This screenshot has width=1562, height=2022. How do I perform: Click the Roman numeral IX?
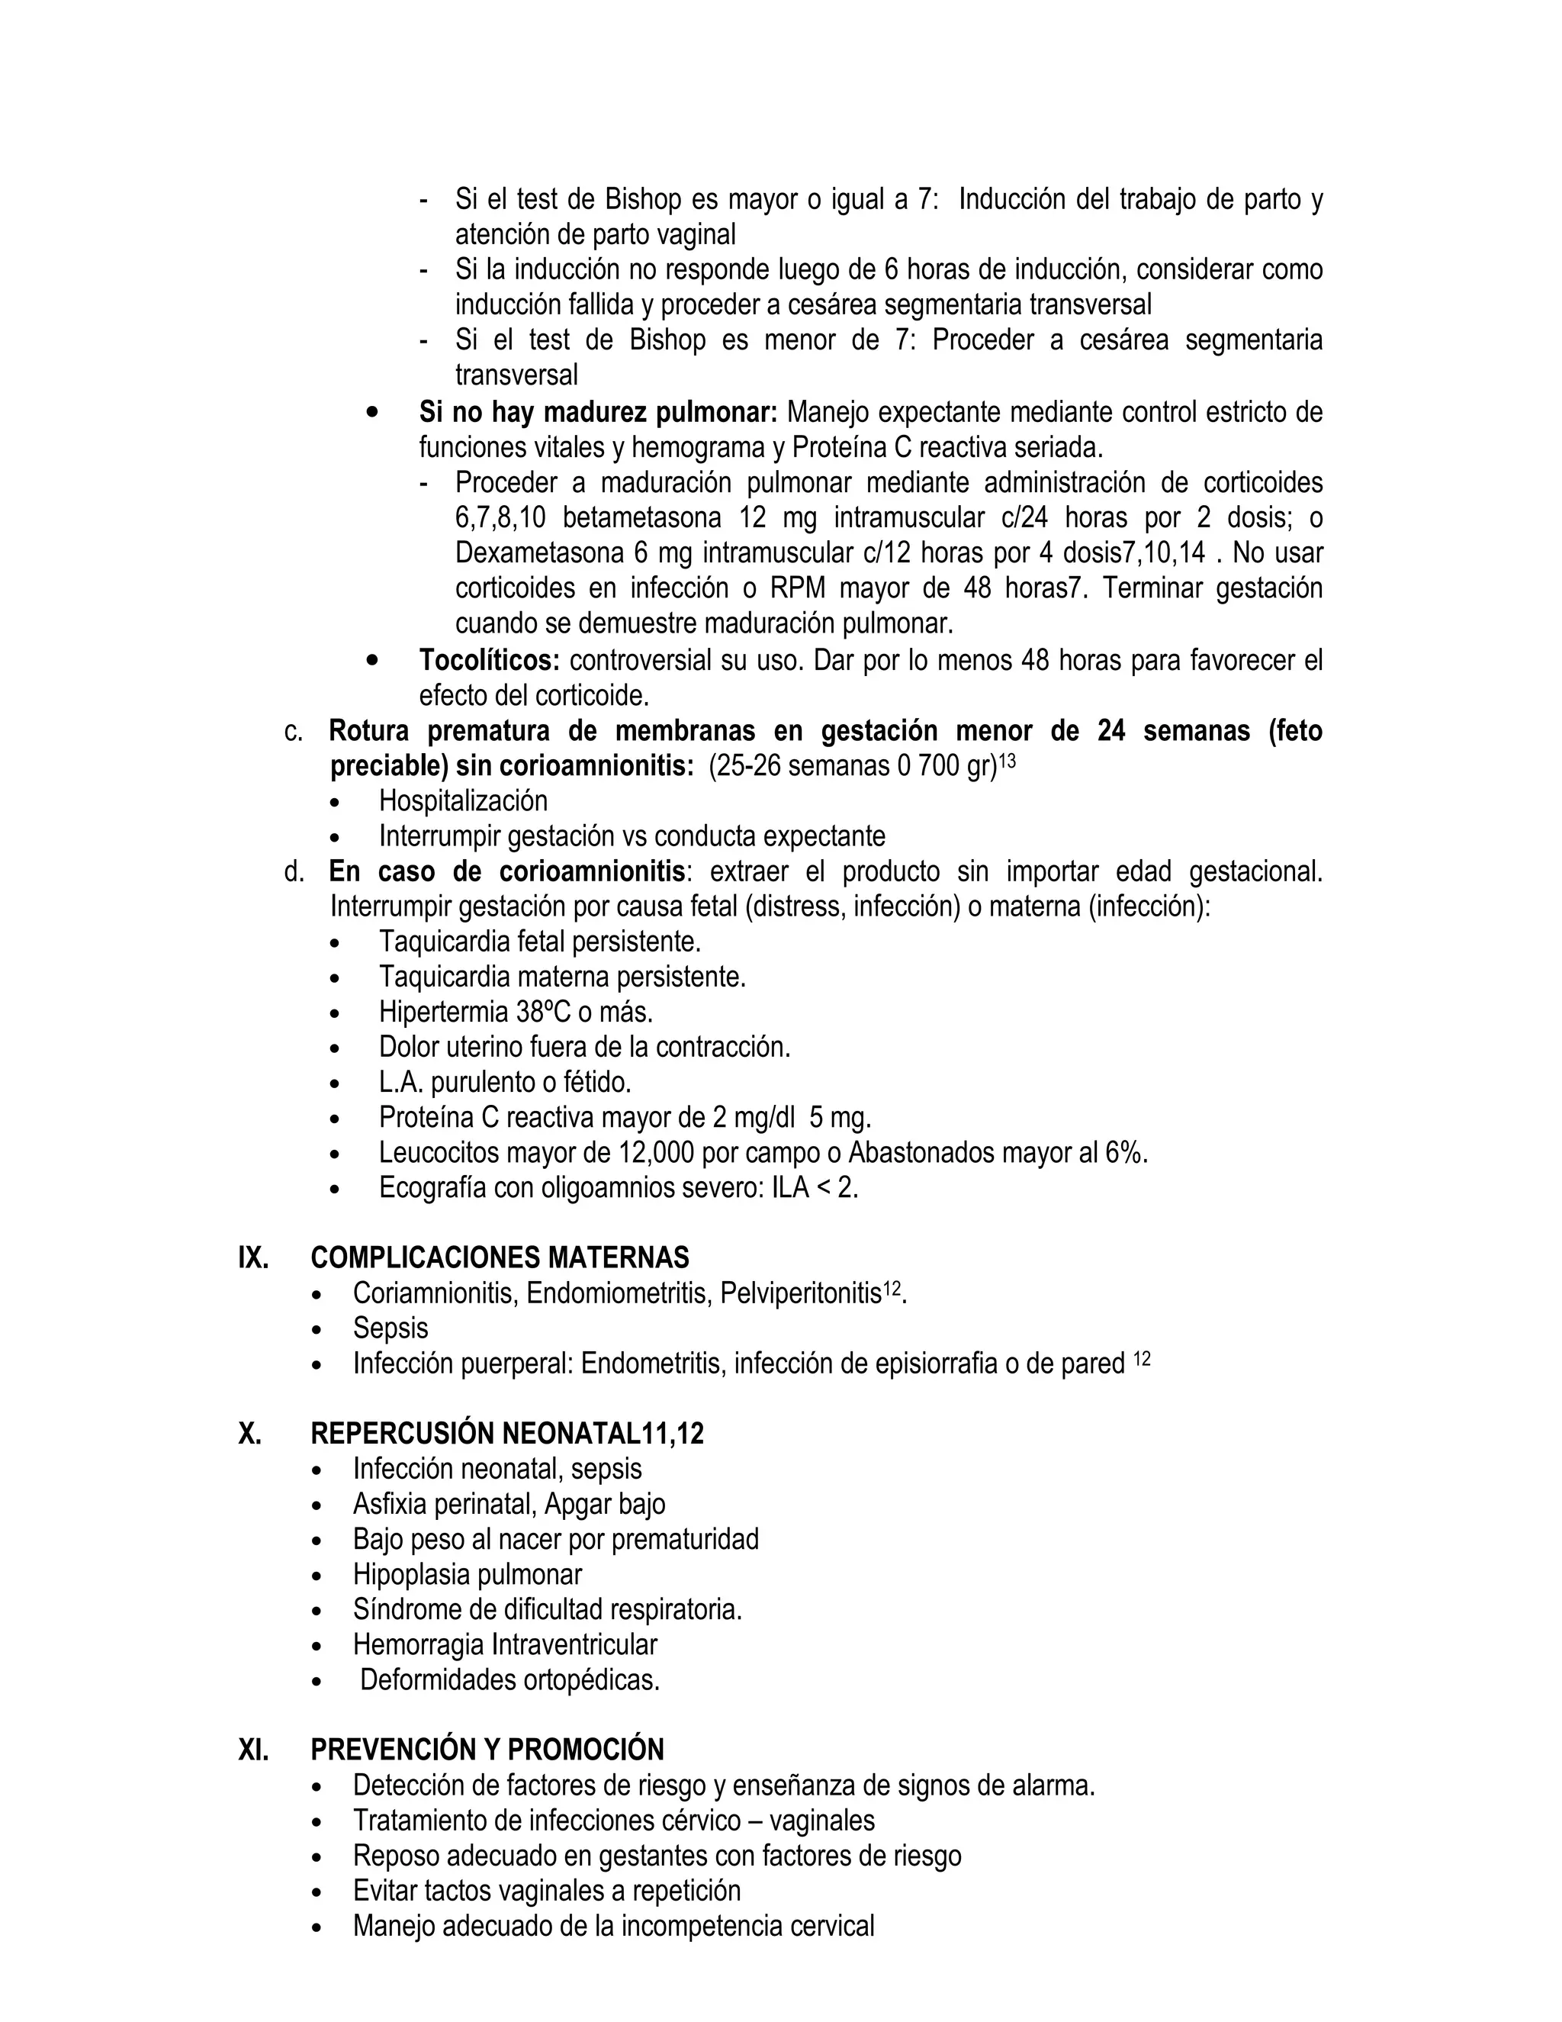click(252, 1257)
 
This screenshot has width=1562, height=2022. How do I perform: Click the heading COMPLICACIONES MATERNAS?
click(500, 1257)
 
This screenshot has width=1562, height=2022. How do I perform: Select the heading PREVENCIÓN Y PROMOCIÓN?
click(487, 1750)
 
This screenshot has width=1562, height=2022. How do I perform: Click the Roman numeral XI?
click(252, 1750)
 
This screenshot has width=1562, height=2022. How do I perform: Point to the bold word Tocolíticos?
click(490, 660)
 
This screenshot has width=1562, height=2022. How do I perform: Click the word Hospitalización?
click(463, 801)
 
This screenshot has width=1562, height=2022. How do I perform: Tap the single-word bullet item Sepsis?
click(390, 1328)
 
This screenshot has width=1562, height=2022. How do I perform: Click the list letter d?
click(294, 872)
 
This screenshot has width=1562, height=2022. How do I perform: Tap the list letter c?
click(294, 732)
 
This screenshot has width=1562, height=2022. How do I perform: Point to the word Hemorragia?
click(418, 1644)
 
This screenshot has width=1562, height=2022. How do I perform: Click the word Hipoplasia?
click(408, 1574)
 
